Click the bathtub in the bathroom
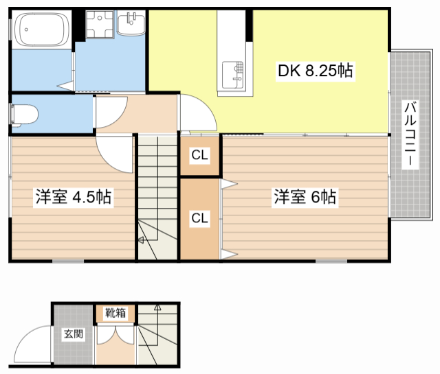41,30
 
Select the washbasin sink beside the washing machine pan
131,23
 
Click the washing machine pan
100,24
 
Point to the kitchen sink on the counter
232,75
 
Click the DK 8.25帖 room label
316,70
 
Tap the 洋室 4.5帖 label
74,197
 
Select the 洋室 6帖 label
305,196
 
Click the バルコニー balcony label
410,135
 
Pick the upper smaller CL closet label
199,154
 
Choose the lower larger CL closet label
199,218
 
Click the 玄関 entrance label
74,334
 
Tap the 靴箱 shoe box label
115,313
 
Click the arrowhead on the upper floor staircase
141,239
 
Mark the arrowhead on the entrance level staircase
157,307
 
